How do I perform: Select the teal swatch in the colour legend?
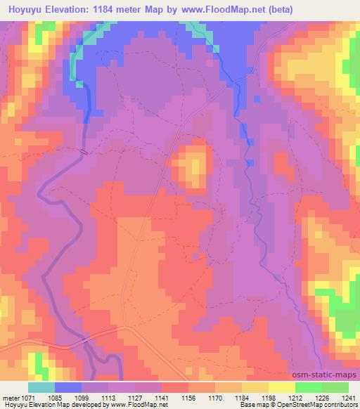(41, 388)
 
